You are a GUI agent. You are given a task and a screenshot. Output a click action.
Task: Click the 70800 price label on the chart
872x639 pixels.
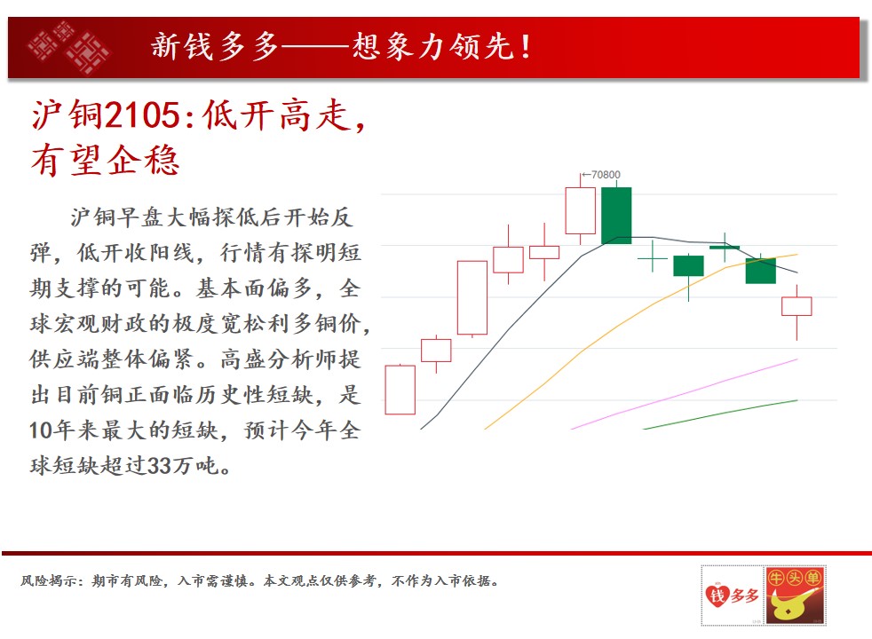[606, 175]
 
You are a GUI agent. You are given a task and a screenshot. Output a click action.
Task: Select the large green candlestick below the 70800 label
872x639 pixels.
[616, 216]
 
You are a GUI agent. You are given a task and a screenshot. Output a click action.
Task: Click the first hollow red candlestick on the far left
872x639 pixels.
[400, 390]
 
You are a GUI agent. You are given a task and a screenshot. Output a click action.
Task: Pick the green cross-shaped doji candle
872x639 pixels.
[653, 258]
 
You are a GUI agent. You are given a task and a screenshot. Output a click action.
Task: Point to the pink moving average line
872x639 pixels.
[684, 394]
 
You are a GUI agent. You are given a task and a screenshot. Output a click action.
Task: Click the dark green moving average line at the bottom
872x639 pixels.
[721, 414]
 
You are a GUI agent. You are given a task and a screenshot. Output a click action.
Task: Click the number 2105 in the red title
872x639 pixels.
[142, 115]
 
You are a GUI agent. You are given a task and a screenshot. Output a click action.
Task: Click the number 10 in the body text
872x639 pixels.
[41, 430]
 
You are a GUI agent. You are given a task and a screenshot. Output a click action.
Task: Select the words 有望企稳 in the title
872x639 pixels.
[105, 161]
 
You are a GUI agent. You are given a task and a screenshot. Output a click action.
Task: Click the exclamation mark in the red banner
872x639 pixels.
[525, 47]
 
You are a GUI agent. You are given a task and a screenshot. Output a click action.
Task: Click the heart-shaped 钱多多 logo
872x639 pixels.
[732, 596]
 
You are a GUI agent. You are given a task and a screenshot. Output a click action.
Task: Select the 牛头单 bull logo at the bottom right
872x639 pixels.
[796, 596]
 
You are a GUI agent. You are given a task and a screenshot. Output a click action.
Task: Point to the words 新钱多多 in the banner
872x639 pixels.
[215, 46]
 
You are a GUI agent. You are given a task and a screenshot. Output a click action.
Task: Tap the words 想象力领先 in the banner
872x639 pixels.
[432, 46]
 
